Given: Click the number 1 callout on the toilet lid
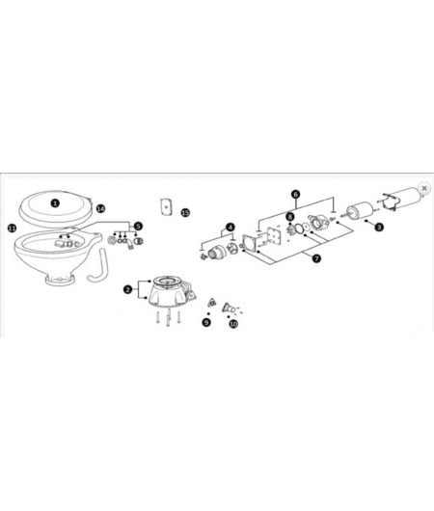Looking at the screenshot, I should [56, 203].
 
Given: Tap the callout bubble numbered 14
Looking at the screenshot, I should [100, 207].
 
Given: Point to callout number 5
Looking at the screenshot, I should [138, 226].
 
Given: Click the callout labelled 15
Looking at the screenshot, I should [185, 211].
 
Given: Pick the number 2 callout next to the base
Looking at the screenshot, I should [127, 288].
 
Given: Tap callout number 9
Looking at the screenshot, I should [205, 322].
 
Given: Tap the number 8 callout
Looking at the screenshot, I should [289, 217].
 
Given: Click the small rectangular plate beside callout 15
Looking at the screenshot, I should [165, 207].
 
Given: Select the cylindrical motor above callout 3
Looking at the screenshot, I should [365, 211].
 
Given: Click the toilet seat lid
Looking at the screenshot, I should [58, 204].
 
